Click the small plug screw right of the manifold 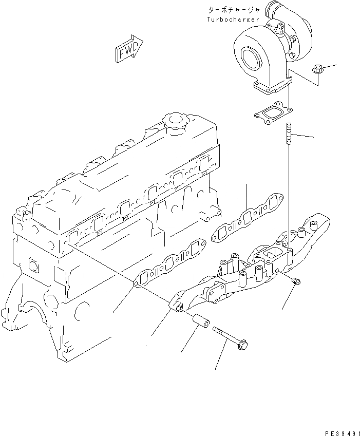click(297, 280)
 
